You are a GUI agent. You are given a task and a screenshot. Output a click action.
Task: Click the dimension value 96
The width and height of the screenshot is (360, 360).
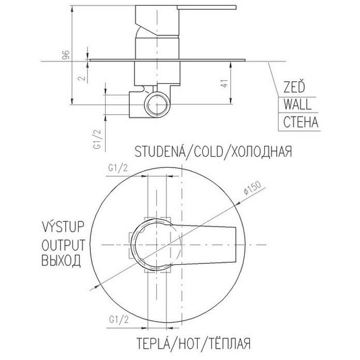[66, 55]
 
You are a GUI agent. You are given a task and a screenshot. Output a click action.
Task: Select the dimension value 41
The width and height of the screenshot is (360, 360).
[224, 83]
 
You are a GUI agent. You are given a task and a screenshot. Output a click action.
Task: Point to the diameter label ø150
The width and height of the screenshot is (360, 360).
[252, 188]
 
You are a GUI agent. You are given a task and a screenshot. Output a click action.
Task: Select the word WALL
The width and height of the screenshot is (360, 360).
[297, 104]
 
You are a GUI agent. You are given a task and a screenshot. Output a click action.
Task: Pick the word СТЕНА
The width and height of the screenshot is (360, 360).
[301, 122]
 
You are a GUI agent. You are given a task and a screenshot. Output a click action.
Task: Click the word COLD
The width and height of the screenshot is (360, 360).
[208, 152]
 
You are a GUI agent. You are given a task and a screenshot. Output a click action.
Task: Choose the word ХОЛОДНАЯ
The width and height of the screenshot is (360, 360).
[262, 152]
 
